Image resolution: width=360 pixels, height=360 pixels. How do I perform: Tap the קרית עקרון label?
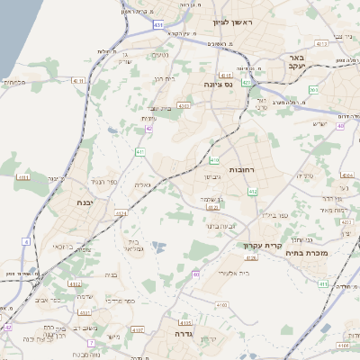click(263, 246)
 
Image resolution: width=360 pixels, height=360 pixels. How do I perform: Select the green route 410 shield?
click(214, 161)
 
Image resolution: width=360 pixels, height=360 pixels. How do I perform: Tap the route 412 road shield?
click(252, 192)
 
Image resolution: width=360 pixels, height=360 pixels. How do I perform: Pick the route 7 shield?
click(91, 343)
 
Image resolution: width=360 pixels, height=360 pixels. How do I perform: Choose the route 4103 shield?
click(185, 320)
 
